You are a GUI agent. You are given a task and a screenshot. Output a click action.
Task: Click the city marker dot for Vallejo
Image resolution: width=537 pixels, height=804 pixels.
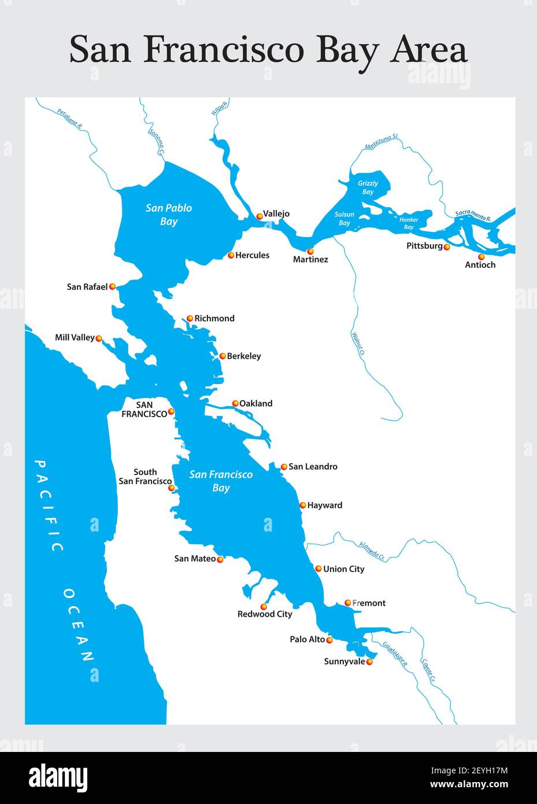click(x=260, y=216)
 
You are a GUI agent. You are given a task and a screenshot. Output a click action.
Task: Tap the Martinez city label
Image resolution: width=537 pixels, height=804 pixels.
click(x=310, y=260)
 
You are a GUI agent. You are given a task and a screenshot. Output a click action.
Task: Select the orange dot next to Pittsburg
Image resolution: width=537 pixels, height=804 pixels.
click(x=447, y=247)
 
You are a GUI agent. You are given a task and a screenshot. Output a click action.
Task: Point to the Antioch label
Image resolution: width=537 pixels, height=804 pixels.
click(x=480, y=265)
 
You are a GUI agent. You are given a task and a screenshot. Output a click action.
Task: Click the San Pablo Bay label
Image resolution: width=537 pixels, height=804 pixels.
click(x=169, y=215)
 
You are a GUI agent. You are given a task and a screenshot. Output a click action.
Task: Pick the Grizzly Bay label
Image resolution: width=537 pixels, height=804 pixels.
click(x=368, y=187)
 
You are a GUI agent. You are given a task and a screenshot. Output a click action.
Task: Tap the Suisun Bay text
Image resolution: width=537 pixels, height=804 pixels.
click(x=345, y=219)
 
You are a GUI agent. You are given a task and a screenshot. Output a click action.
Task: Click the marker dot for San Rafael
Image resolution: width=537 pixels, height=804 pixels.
click(x=112, y=286)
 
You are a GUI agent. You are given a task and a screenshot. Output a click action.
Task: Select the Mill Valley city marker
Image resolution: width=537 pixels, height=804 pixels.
click(x=99, y=338)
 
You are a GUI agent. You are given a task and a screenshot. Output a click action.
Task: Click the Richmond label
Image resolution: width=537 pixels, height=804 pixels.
click(x=214, y=318)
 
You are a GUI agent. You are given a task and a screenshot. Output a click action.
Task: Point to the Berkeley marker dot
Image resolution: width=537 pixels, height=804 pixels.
click(x=223, y=356)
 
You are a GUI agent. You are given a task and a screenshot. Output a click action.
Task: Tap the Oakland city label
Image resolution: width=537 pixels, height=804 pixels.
click(x=255, y=403)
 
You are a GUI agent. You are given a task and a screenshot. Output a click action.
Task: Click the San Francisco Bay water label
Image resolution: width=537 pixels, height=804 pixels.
click(x=221, y=481)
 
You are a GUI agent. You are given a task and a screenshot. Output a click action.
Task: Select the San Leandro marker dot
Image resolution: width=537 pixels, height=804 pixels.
click(x=284, y=467)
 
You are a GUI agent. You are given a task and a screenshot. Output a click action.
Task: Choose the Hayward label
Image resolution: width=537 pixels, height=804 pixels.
click(x=324, y=505)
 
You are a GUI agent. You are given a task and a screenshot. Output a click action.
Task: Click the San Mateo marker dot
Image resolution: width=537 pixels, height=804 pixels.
click(x=220, y=559)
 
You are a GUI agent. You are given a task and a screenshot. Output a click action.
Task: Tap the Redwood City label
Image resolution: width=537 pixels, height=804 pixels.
click(x=265, y=614)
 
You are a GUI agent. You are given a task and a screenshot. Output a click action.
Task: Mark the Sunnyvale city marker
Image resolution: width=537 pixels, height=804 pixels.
click(x=370, y=662)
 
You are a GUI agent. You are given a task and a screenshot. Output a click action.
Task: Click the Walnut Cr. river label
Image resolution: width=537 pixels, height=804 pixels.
click(x=358, y=344)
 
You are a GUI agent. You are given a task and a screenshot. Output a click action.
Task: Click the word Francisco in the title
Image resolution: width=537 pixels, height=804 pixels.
click(x=223, y=50)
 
